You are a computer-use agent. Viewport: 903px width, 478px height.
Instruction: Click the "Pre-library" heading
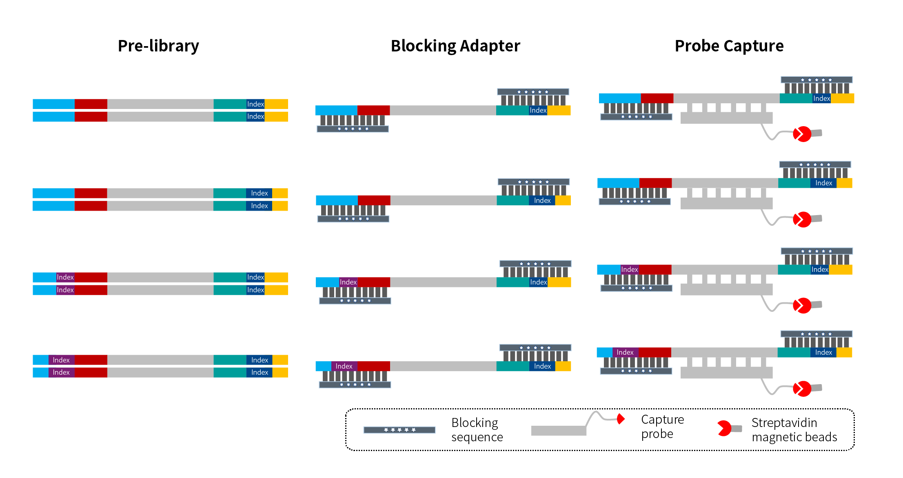158,46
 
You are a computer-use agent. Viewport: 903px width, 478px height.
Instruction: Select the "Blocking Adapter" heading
455,46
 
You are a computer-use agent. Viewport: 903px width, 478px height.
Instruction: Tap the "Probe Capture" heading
729,46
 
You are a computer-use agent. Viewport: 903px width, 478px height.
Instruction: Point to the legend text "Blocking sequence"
477,430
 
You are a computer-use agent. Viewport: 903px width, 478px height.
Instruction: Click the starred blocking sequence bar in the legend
399,430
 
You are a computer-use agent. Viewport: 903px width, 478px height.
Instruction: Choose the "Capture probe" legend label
662,427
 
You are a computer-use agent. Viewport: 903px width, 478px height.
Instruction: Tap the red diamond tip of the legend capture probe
621,419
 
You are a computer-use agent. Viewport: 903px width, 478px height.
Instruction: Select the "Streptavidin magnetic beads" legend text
794,430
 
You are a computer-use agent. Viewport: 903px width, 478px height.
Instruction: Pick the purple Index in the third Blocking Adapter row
348,282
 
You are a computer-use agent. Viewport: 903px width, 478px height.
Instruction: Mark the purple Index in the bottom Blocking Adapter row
344,366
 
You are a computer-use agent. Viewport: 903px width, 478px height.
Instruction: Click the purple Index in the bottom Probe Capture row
625,352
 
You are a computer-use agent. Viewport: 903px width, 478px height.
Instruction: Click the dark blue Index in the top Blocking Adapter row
538,110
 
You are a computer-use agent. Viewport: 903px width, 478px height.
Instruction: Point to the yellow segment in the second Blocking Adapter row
563,200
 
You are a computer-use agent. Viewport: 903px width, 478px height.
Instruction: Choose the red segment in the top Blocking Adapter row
373,110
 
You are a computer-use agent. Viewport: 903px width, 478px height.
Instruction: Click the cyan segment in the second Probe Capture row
618,183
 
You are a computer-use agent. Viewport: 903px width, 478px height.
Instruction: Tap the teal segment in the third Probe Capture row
794,269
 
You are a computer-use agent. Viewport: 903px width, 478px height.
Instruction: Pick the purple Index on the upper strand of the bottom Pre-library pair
61,360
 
